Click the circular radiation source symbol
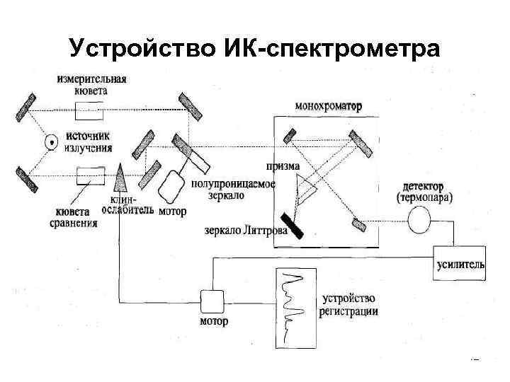click(51, 142)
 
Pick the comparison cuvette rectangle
click(91, 174)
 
